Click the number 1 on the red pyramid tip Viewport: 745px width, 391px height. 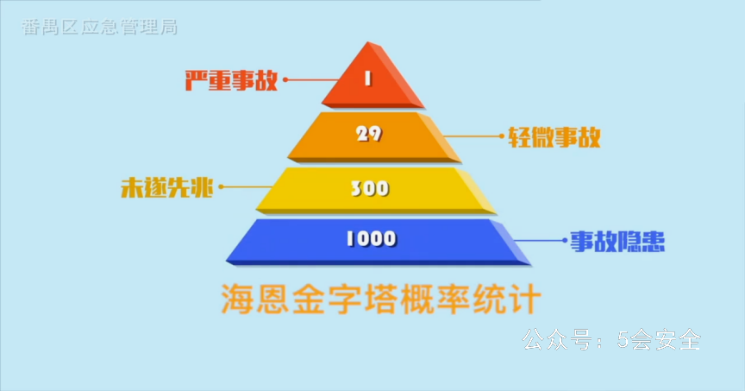[x=367, y=79]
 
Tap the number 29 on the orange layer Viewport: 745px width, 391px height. [x=369, y=134]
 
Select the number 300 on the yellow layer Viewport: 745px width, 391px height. [x=370, y=189]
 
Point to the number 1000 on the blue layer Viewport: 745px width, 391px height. [x=371, y=239]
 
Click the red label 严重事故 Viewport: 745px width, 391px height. [x=231, y=80]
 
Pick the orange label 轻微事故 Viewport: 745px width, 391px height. [x=554, y=137]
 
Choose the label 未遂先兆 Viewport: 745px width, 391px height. [x=166, y=187]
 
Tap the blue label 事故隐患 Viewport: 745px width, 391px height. [x=617, y=241]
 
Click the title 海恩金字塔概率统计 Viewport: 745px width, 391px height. [x=381, y=299]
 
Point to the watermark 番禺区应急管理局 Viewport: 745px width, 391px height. [x=100, y=27]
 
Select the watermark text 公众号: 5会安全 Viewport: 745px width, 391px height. [x=612, y=340]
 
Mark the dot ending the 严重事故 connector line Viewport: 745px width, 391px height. [x=285, y=79]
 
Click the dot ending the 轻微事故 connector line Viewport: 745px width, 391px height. [x=501, y=136]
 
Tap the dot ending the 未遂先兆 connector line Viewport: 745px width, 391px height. [x=221, y=187]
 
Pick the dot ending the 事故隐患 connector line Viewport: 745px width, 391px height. [x=565, y=240]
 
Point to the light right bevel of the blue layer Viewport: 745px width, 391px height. [x=510, y=241]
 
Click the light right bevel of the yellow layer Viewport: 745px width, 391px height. [x=475, y=190]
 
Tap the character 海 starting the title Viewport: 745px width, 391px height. [x=238, y=299]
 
